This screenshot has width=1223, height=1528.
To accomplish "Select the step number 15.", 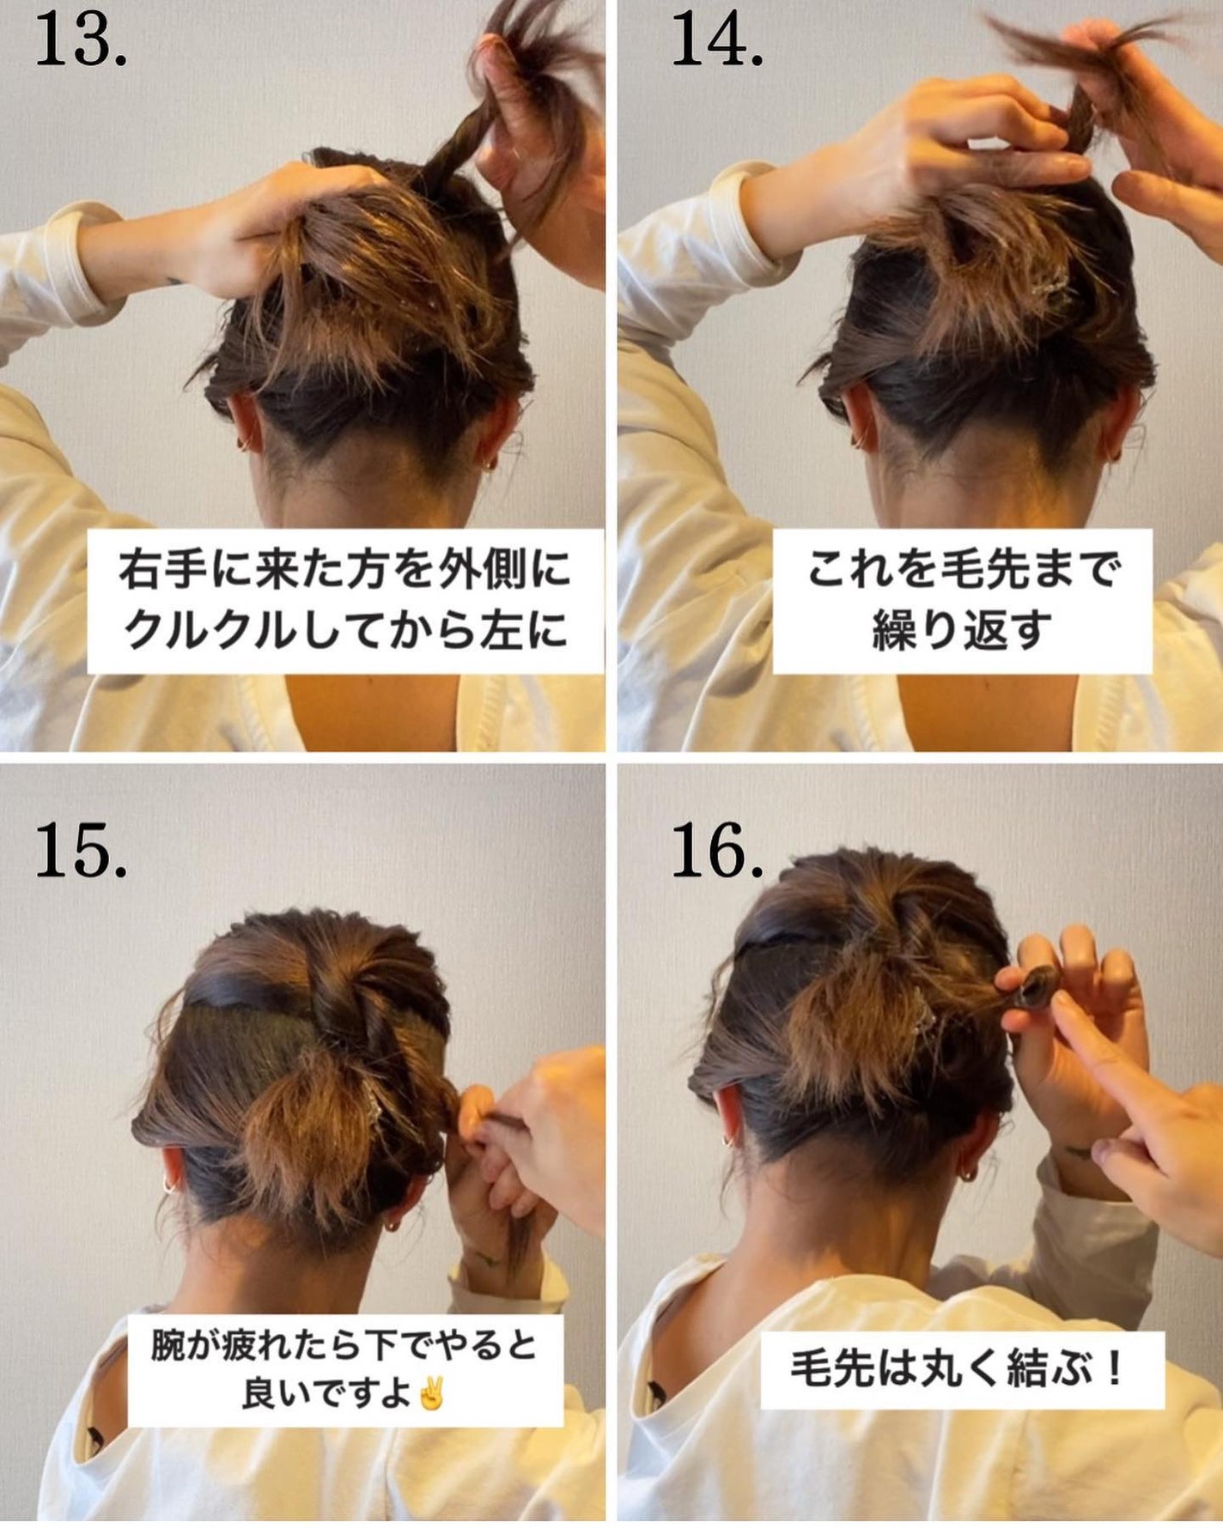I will pyautogui.click(x=81, y=852).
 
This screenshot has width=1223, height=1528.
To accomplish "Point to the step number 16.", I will pyautogui.click(x=716, y=852).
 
